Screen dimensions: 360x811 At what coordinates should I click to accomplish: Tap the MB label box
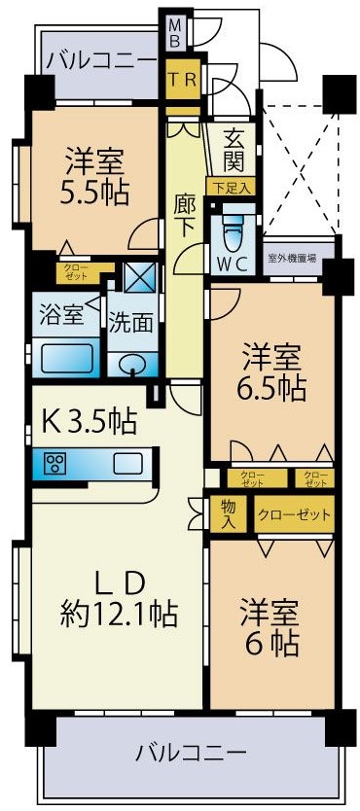[x=174, y=32]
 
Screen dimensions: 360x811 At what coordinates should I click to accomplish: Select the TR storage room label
[x=183, y=79]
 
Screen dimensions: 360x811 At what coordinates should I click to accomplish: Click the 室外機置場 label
[x=294, y=258]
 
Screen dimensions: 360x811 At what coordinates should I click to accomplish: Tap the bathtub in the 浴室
[x=67, y=358]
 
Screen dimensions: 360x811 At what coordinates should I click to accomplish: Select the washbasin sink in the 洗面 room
[x=133, y=365]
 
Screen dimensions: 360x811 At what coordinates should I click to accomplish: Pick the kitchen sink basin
[x=127, y=463]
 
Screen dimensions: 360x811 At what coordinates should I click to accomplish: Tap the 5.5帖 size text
[x=94, y=193]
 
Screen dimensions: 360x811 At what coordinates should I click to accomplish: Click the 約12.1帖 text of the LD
[x=119, y=614]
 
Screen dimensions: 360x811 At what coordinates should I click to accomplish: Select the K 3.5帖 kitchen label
[x=89, y=422]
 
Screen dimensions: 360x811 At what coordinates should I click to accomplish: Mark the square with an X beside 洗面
[x=140, y=277]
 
